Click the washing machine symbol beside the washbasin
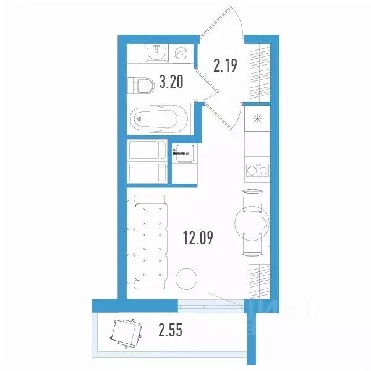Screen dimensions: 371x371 click(x=182, y=54)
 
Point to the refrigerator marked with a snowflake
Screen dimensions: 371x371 click(x=256, y=118)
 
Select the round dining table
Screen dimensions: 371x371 click(x=252, y=221)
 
